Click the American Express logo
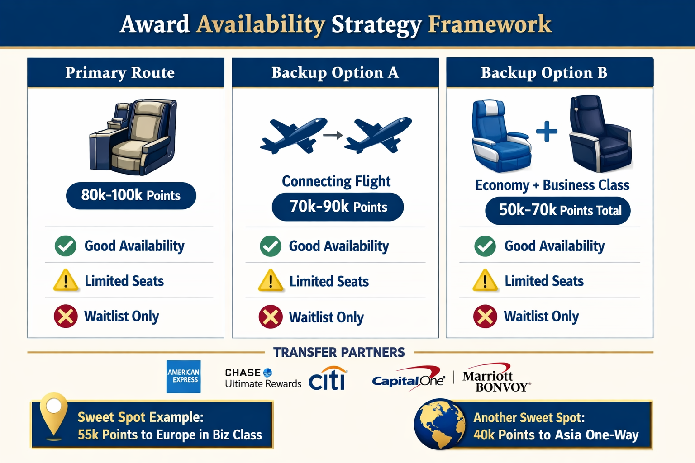click(x=183, y=377)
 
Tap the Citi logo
click(x=328, y=379)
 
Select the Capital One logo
click(x=407, y=379)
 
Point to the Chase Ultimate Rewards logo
click(x=262, y=378)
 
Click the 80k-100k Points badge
click(x=131, y=196)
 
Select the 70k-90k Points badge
click(x=338, y=207)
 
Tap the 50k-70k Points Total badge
click(x=557, y=210)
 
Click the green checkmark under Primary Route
click(x=66, y=246)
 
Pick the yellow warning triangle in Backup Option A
click(x=271, y=280)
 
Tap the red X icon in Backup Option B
click(x=485, y=317)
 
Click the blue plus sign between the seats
click(x=547, y=132)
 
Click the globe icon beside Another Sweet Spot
click(x=440, y=424)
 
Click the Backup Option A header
click(x=335, y=73)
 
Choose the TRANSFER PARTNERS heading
click(x=339, y=353)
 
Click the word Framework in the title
click(x=490, y=24)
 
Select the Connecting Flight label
click(x=336, y=181)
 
